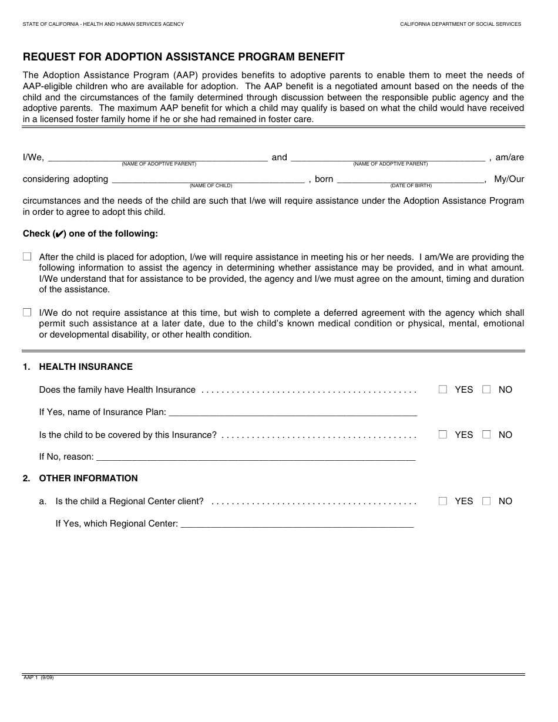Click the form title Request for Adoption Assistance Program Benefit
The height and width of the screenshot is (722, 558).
tap(183, 57)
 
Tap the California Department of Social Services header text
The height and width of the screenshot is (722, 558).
tap(460, 24)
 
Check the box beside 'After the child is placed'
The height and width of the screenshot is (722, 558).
tap(27, 257)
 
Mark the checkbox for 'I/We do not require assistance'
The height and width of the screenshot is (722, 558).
tap(27, 313)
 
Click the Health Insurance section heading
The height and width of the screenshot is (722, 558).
tap(86, 367)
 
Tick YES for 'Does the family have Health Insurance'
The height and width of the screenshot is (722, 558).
tap(443, 389)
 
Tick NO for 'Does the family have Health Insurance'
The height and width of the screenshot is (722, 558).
tap(486, 389)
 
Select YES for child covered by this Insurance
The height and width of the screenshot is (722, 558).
tap(443, 434)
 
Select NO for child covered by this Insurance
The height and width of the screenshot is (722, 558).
tap(486, 434)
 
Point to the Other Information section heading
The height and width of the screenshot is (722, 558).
tap(88, 478)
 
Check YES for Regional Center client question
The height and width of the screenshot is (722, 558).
tap(443, 501)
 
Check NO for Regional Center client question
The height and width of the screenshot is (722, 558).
tap(486, 501)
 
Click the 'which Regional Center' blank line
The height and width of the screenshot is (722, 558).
tap(297, 524)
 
